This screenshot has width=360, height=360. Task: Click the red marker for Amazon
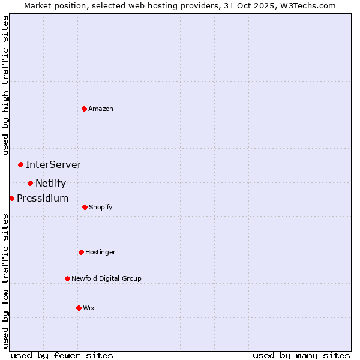tap(85, 109)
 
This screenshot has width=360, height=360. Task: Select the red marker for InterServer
tap(20, 164)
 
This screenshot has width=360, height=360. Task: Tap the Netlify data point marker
tap(30, 183)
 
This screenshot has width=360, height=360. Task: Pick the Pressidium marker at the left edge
tap(11, 198)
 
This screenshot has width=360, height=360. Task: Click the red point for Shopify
tap(85, 207)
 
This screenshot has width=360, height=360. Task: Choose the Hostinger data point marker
tap(81, 252)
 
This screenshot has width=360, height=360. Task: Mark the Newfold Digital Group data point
tap(67, 278)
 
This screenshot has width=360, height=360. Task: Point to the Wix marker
tap(79, 308)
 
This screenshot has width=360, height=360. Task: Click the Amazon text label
tap(101, 109)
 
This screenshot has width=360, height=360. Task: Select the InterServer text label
tap(53, 164)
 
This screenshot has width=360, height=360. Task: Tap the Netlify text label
tap(50, 184)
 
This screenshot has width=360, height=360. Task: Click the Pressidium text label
tap(43, 199)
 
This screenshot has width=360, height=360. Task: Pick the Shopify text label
tap(100, 207)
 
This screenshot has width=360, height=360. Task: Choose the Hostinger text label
tap(100, 252)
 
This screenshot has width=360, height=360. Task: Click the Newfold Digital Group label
tap(106, 278)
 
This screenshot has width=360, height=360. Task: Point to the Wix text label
tap(89, 308)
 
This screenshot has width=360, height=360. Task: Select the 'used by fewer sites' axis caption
tap(62, 355)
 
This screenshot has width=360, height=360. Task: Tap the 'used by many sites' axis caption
tap(301, 355)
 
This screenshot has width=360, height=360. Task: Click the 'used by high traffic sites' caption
tap(5, 85)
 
